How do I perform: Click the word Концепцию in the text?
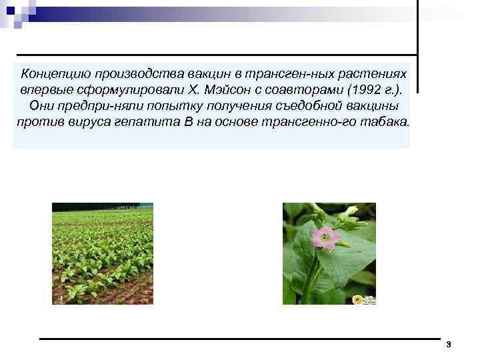pyautogui.click(x=54, y=72)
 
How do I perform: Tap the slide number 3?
pyautogui.click(x=449, y=345)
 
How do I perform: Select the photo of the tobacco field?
pyautogui.click(x=103, y=254)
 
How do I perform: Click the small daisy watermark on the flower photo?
pyautogui.click(x=358, y=299)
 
